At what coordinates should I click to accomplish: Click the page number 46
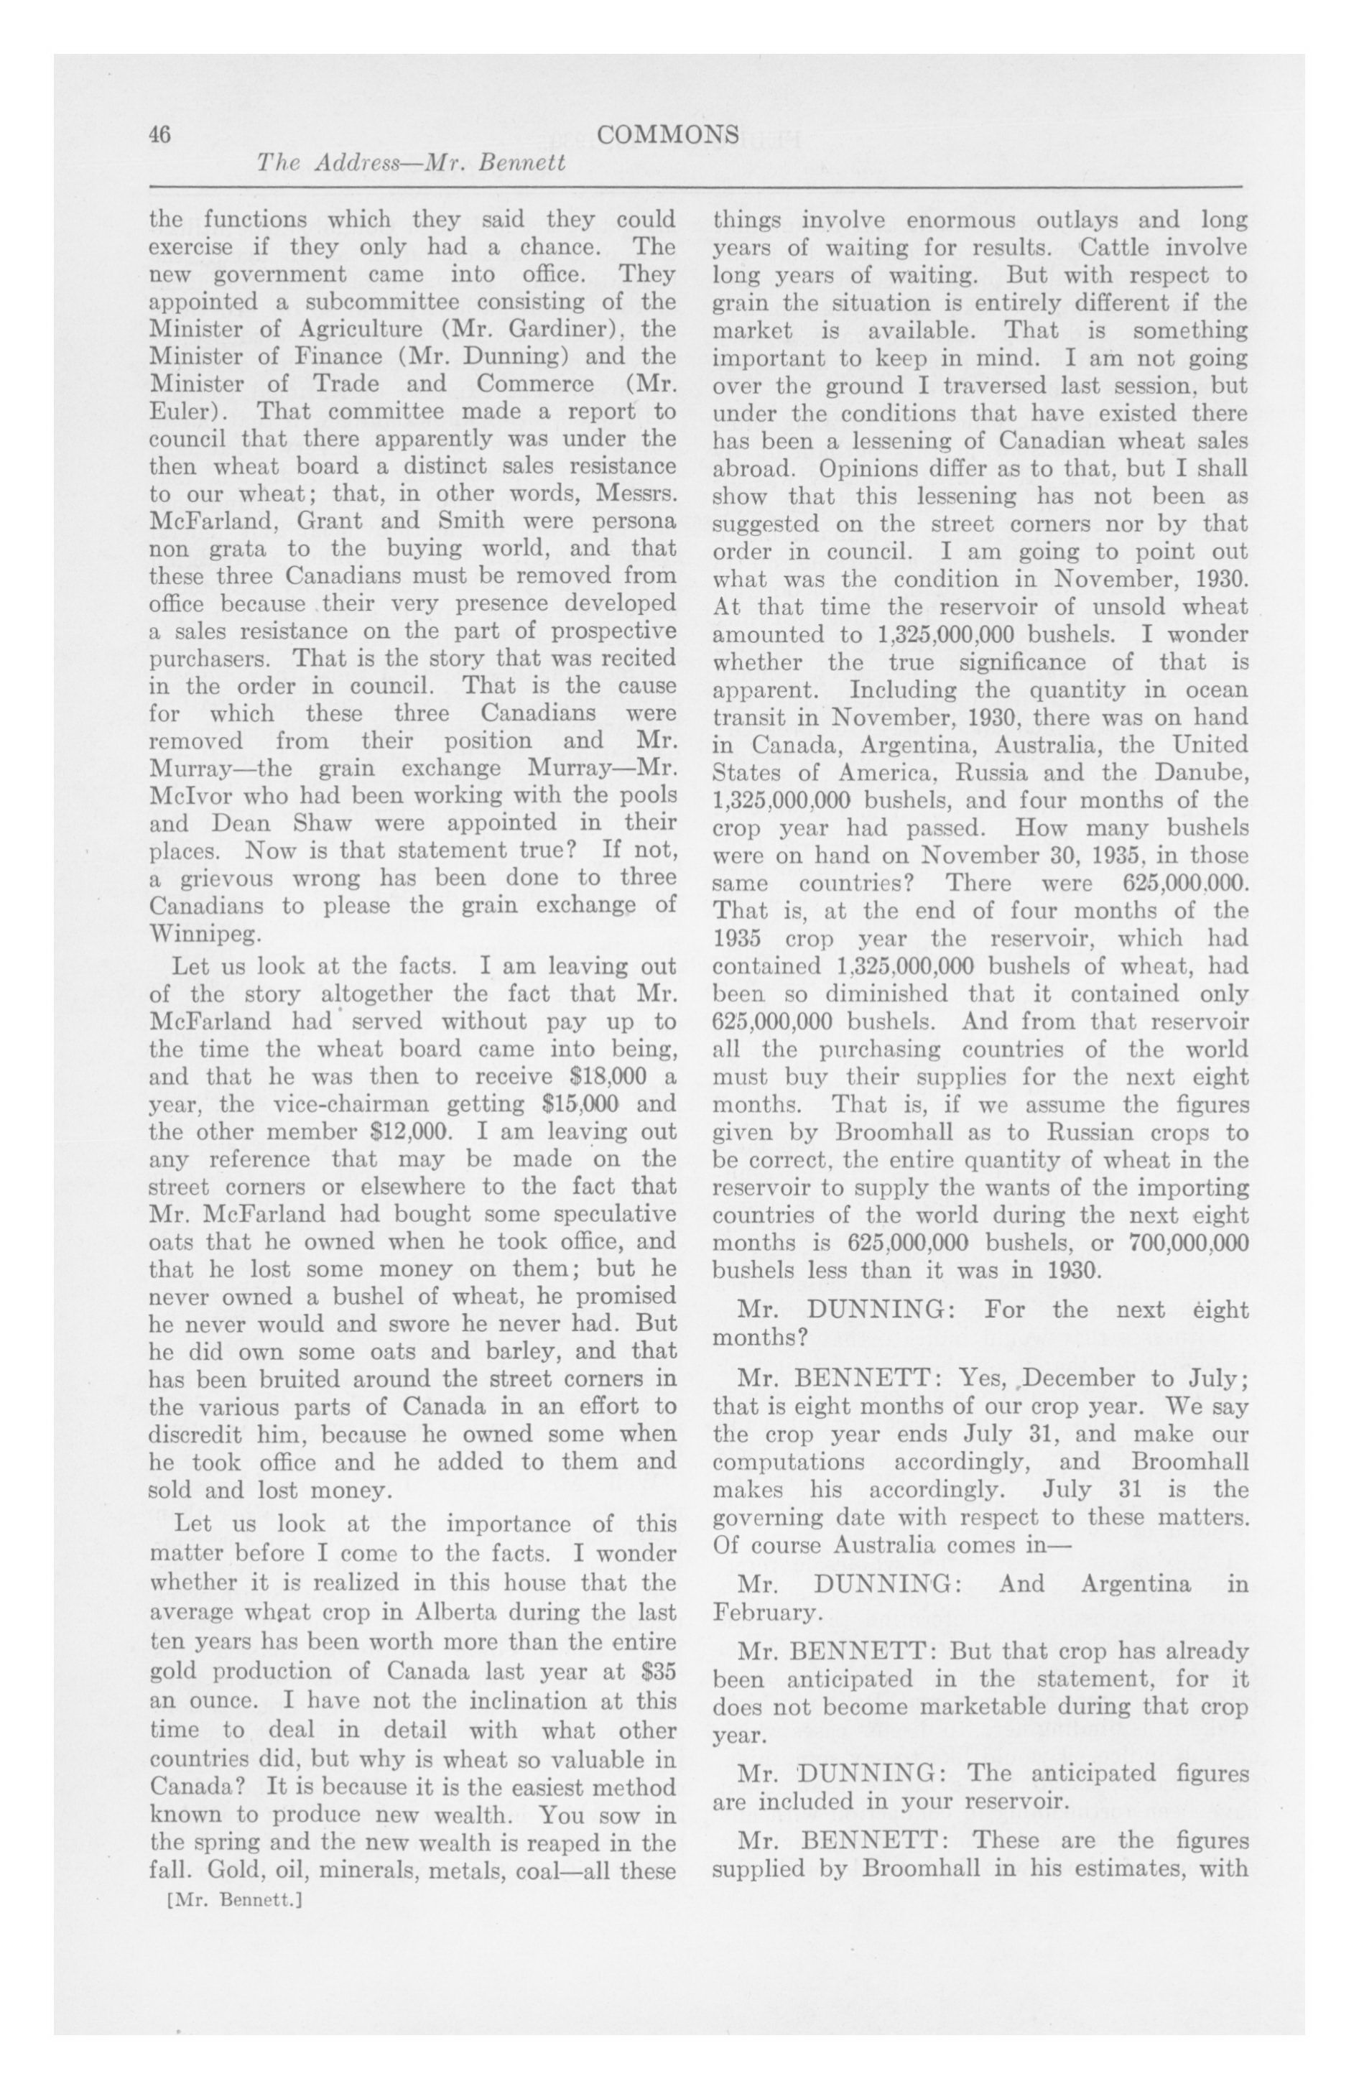[x=159, y=134]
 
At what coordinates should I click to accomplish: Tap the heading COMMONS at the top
[x=667, y=134]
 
